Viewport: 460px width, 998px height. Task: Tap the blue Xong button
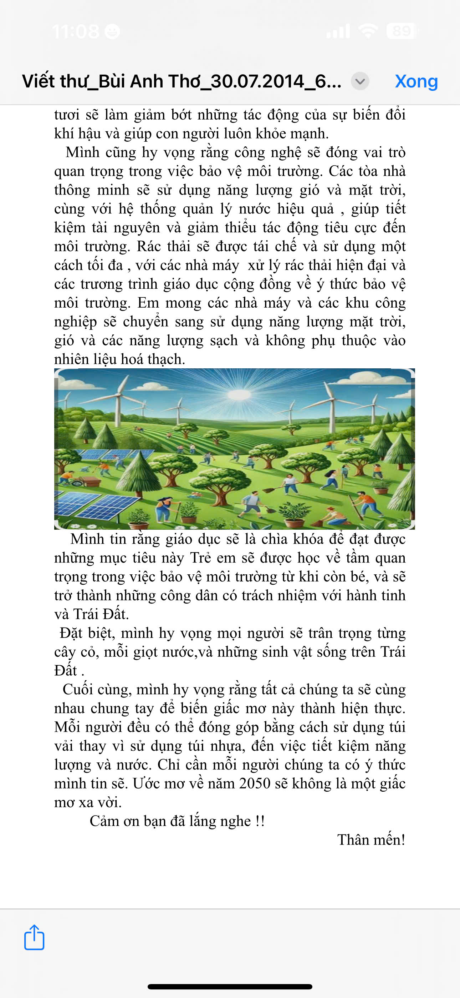(416, 81)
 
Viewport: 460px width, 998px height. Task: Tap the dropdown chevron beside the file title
(360, 81)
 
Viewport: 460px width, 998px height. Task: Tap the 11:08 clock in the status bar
(76, 31)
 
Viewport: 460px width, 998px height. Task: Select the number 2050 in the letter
(254, 783)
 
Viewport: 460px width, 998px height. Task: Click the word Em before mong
(148, 303)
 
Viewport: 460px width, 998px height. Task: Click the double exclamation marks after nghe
(260, 821)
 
